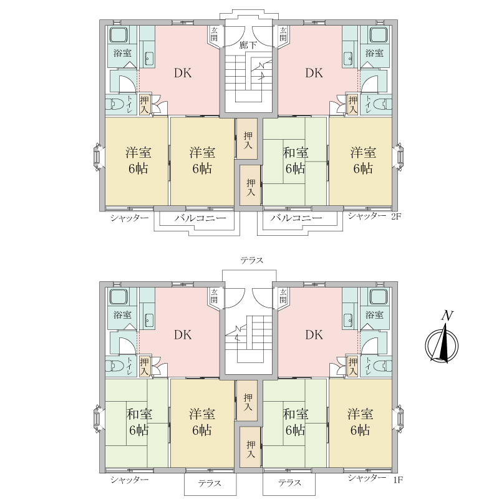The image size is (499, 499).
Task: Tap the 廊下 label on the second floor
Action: pyautogui.click(x=248, y=45)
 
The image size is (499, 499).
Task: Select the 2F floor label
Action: pyautogui.click(x=396, y=216)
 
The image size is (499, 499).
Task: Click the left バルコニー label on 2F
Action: pyautogui.click(x=200, y=218)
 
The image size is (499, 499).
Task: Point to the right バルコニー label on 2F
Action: pyautogui.click(x=296, y=218)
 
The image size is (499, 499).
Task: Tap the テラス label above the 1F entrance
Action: pyautogui.click(x=252, y=260)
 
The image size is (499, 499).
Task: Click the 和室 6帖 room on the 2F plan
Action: pyautogui.click(x=295, y=162)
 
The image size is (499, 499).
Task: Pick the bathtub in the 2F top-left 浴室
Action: pyautogui.click(x=119, y=35)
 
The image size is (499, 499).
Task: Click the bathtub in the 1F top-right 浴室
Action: pyautogui.click(x=379, y=297)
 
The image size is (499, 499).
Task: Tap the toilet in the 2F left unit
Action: pyautogui.click(x=115, y=104)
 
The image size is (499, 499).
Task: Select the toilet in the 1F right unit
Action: pyautogui.click(x=382, y=366)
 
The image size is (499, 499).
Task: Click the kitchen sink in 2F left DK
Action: pyautogui.click(x=148, y=57)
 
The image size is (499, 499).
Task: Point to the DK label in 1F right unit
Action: pyautogui.click(x=314, y=335)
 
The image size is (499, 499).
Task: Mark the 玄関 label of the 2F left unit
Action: pyautogui.click(x=214, y=34)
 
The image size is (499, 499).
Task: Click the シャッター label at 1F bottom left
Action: pyautogui.click(x=130, y=480)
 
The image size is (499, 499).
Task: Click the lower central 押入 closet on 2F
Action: pyautogui.click(x=251, y=185)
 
